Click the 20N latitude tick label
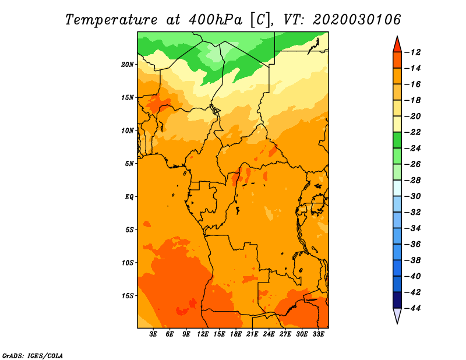pyautogui.click(x=128, y=65)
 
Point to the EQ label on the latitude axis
pyautogui.click(x=129, y=197)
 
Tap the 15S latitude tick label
pyautogui.click(x=128, y=296)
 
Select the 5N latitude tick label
pyautogui.click(x=129, y=164)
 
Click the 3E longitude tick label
pyautogui.click(x=153, y=334)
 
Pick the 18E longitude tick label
pyautogui.click(x=236, y=334)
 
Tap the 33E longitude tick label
pyautogui.click(x=318, y=334)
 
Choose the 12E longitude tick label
pyautogui.click(x=203, y=334)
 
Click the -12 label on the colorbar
pyautogui.click(x=412, y=52)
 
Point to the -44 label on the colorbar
pyautogui.click(x=412, y=308)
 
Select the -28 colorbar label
pyautogui.click(x=412, y=181)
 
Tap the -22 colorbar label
pyautogui.click(x=412, y=132)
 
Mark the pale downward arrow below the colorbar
pyautogui.click(x=397, y=315)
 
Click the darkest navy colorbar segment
pyautogui.click(x=397, y=300)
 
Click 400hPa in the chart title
pyautogui.click(x=216, y=20)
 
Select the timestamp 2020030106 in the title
pyautogui.click(x=357, y=20)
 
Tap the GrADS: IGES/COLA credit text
pyautogui.click(x=33, y=356)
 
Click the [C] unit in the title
pyautogui.click(x=261, y=20)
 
